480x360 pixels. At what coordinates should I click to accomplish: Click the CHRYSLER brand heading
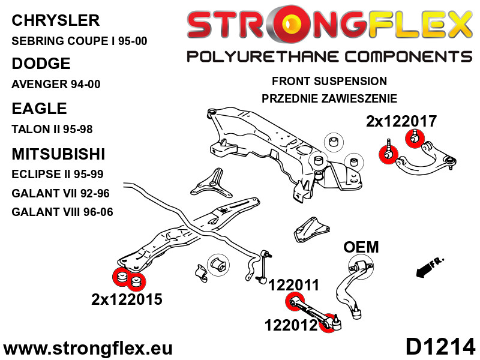click(x=55, y=20)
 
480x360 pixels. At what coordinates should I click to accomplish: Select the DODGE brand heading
click(x=41, y=64)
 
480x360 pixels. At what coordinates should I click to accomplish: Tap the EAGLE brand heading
click(x=39, y=109)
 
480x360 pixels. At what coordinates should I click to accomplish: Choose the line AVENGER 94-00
click(x=56, y=85)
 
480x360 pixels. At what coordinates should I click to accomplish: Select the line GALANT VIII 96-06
click(x=62, y=212)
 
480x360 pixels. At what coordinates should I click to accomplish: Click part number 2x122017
click(x=401, y=121)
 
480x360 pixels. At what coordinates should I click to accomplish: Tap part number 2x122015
click(x=127, y=299)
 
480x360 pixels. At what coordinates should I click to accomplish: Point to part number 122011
click(x=293, y=286)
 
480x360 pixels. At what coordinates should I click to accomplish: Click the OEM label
click(x=361, y=247)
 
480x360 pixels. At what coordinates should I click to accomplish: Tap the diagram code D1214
click(x=440, y=347)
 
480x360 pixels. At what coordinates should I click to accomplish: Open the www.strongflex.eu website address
click(x=88, y=348)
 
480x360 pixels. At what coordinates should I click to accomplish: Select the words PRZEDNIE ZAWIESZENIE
click(x=329, y=98)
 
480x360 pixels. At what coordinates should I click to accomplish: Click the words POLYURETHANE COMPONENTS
click(x=329, y=57)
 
